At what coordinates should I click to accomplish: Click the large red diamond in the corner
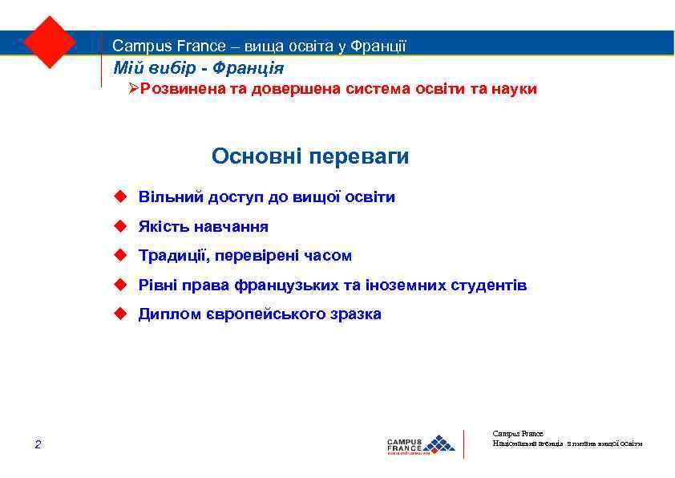coord(50,41)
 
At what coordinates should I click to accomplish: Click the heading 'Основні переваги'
coord(310,156)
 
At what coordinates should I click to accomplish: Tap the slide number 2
coord(38,444)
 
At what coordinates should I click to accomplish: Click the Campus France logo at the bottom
coord(420,444)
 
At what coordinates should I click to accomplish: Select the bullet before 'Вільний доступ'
coord(120,196)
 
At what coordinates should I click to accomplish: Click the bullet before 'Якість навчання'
coord(120,226)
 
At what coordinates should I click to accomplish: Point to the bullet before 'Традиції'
coord(120,255)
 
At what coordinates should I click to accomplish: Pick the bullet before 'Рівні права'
coord(120,285)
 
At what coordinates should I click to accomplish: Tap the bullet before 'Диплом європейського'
coord(120,314)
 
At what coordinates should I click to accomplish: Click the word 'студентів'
coord(491,285)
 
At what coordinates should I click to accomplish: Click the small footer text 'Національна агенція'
coord(527,443)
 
